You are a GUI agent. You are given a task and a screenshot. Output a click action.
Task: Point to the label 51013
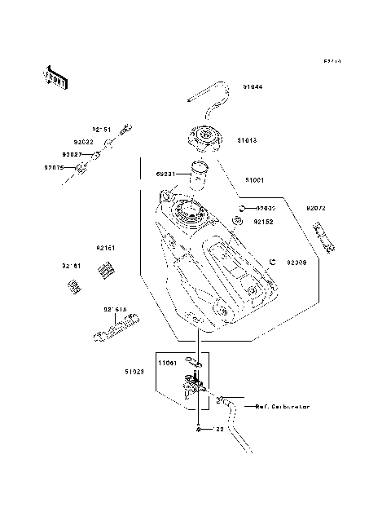click(247, 140)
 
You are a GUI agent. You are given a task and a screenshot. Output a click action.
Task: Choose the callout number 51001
click(254, 179)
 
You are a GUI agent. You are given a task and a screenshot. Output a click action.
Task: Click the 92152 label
click(262, 221)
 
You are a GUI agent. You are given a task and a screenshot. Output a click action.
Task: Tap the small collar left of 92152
click(238, 221)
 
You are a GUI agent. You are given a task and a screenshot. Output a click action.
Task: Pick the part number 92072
click(316, 209)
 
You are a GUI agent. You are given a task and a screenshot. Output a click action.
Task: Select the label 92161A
click(115, 310)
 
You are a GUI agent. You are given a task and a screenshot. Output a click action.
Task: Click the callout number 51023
click(134, 372)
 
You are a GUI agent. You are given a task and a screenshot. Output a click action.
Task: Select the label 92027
click(72, 153)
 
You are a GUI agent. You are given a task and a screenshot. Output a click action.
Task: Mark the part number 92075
click(54, 168)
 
